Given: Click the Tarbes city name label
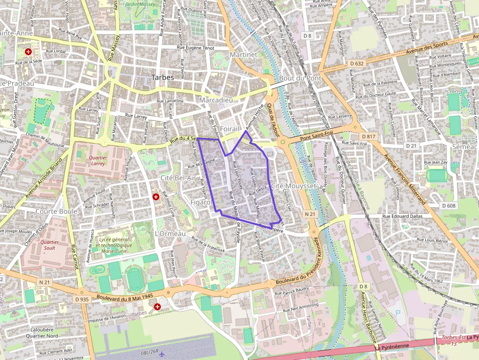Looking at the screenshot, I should pos(162,77).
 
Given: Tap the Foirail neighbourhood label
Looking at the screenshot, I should pos(229,128).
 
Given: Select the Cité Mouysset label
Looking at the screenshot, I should pos(291,186).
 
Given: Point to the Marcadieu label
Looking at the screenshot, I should pos(216,100).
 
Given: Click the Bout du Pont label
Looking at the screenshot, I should pos(300,78).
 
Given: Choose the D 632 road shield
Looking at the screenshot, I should pos(357,64).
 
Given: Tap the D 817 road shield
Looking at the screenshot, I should pos(368,136).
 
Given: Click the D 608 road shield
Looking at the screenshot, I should pos(449,206).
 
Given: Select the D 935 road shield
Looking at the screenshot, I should pos(82,299).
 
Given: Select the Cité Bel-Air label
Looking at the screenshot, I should pos(178,178).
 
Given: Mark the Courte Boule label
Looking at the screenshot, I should pos(56,212).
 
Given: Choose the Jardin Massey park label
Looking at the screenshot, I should pos(140,4).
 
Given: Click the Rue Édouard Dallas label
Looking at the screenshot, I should pos(402,216).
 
